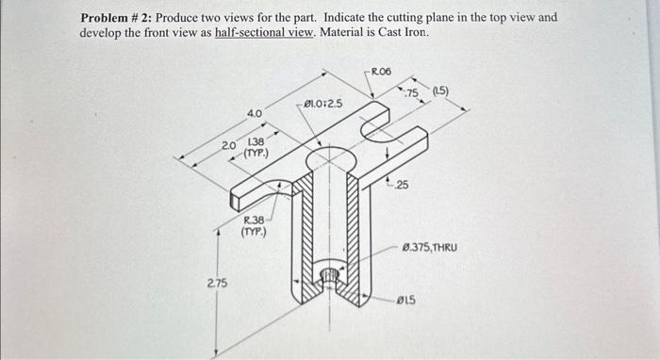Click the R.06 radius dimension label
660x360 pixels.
(x=382, y=72)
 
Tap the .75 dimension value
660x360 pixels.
(x=411, y=92)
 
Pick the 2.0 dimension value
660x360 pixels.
(x=228, y=146)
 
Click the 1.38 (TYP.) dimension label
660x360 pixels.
(x=256, y=145)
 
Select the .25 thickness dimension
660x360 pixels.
(x=402, y=185)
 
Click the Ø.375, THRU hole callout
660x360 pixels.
(x=429, y=247)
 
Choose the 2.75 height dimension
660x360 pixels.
(x=216, y=283)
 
